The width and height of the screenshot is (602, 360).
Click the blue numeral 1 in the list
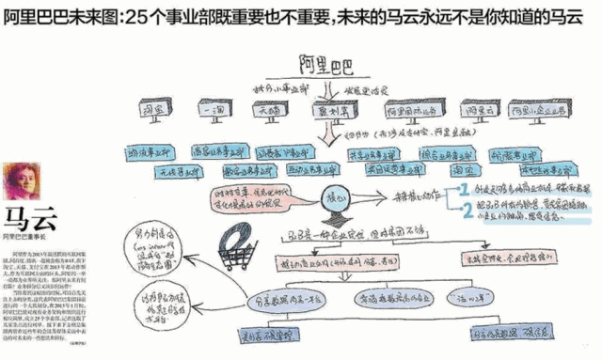tap(462, 191)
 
